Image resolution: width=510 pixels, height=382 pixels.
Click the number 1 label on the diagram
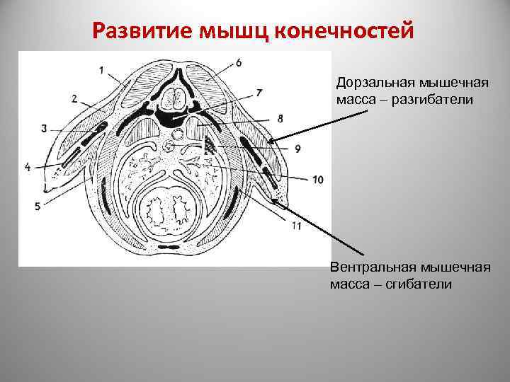[x=101, y=69]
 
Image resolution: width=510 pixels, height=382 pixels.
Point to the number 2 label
[x=75, y=99]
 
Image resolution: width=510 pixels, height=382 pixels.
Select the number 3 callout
[x=45, y=128]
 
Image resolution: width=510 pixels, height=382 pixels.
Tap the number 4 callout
[x=28, y=167]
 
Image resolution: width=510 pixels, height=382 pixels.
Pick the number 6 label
[x=239, y=63]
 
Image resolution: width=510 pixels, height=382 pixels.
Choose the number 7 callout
[x=259, y=93]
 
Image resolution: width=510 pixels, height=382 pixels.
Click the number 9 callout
[x=297, y=149]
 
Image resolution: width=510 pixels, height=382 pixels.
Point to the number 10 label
[x=316, y=180]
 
